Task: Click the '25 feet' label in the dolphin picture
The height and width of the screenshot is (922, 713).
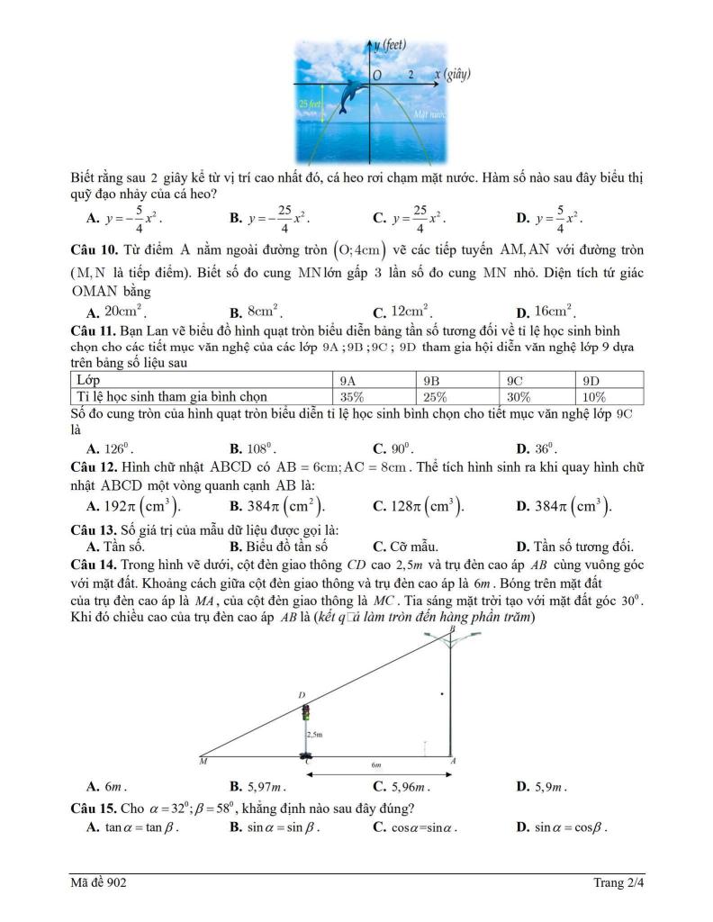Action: tap(309, 105)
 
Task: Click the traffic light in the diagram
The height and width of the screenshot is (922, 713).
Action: tap(305, 714)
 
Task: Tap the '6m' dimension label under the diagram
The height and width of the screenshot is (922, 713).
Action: tap(378, 764)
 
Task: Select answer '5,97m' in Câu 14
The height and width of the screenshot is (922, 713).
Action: tap(266, 786)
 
